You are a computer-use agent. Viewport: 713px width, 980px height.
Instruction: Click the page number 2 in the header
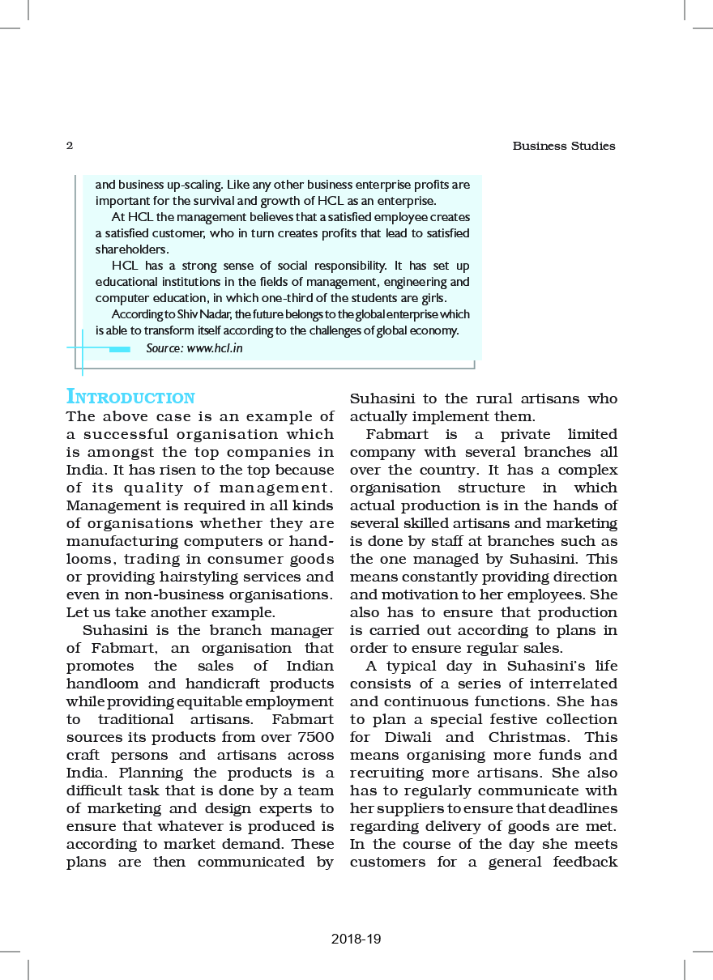(70, 147)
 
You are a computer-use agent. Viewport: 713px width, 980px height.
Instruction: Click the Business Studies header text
(564, 147)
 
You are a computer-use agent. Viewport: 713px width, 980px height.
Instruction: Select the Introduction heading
(130, 398)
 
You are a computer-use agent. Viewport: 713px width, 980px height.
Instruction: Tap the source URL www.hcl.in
(215, 348)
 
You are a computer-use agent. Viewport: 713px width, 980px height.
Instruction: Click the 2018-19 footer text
(356, 940)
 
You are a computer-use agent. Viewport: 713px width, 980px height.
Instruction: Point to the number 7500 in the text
(313, 737)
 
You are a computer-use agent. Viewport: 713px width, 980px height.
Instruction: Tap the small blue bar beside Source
(119, 349)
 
